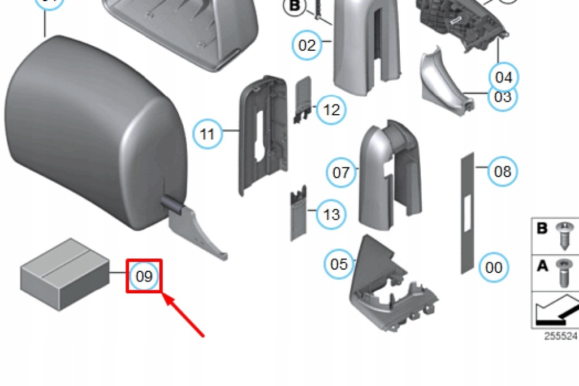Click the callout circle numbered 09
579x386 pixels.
pyautogui.click(x=144, y=276)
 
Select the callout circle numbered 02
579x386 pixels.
pyautogui.click(x=307, y=45)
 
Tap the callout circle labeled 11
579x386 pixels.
pyautogui.click(x=208, y=134)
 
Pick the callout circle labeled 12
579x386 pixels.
pyautogui.click(x=331, y=110)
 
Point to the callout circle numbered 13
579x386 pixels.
pyautogui.click(x=332, y=215)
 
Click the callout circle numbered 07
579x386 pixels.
pyautogui.click(x=341, y=171)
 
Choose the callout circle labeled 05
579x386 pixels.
pyautogui.click(x=339, y=264)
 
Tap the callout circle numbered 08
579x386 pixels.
pyautogui.click(x=502, y=171)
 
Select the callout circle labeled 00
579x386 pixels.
pyautogui.click(x=494, y=267)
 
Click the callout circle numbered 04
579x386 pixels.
pyautogui.click(x=503, y=77)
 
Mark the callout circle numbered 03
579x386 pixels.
pyautogui.click(x=502, y=97)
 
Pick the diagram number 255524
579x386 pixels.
pyautogui.click(x=560, y=336)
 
